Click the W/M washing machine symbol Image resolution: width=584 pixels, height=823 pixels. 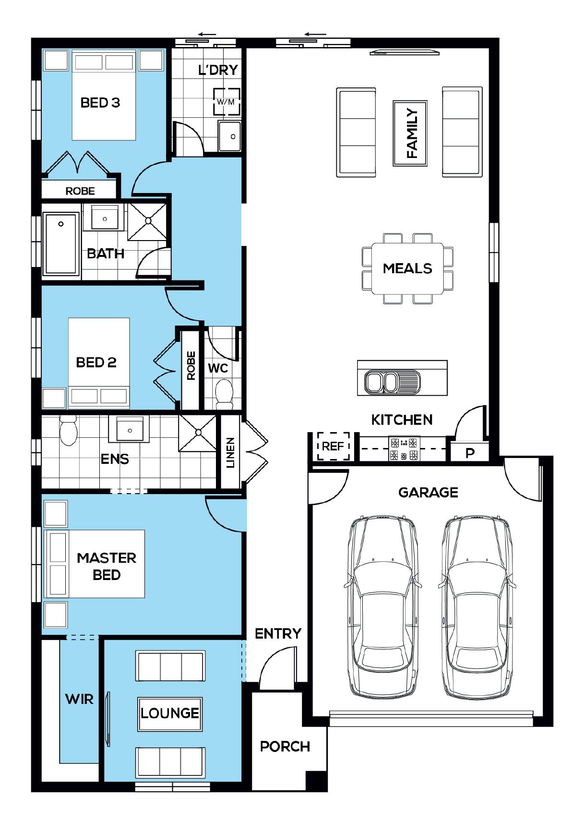coord(226,101)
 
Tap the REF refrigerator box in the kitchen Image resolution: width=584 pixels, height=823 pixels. coord(333,446)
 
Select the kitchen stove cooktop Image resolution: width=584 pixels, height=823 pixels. coord(404,449)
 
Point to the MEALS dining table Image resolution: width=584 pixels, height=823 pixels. coord(407,268)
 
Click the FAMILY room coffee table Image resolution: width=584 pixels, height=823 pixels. coord(410,133)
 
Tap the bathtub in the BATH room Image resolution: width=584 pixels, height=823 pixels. coord(61,244)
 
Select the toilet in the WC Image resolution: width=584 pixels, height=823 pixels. coord(224,394)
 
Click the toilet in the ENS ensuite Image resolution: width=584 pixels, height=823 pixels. coord(68,430)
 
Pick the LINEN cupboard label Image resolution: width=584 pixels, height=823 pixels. coord(230,452)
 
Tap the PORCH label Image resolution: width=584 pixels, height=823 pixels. coord(285,747)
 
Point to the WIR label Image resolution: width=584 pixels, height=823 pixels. coord(79,699)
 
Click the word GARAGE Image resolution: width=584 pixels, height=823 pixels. coord(428,492)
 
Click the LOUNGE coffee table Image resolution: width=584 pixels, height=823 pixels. coord(170,714)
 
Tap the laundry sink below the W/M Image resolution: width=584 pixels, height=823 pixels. coord(229,136)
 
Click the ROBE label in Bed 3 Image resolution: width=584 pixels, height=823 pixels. coord(80,191)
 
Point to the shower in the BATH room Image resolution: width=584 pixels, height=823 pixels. coord(147,221)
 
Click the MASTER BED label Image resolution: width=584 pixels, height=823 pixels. coord(107,566)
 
